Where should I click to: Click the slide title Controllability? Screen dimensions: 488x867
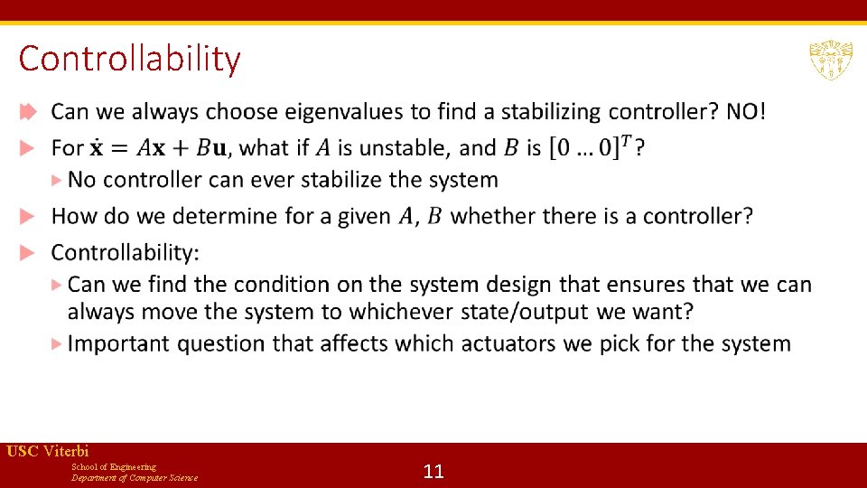coord(129,59)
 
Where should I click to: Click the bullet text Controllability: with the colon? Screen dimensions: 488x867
coord(126,251)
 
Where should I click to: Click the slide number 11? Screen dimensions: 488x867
coord(433,471)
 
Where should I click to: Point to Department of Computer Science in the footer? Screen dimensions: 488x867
coord(135,477)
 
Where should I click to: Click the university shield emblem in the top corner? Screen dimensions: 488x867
coord(830,60)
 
